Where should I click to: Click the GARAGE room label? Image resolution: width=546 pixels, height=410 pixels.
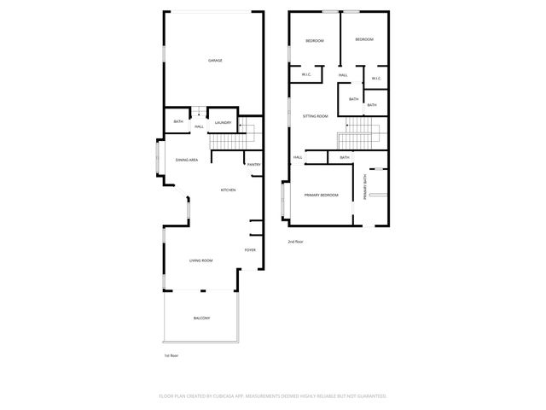[215, 60]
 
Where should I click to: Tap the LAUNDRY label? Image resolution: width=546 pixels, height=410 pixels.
[224, 123]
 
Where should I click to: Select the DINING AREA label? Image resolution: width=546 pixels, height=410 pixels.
[187, 160]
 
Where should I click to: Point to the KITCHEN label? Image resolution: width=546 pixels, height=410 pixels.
[228, 190]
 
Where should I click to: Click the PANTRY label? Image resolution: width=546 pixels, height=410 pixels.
[253, 164]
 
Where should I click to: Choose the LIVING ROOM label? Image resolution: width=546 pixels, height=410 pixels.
[200, 261]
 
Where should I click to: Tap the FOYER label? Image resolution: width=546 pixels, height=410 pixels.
[250, 249]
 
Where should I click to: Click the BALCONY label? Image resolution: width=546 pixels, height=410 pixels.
[200, 319]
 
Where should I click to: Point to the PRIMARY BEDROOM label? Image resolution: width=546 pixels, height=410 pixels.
[322, 196]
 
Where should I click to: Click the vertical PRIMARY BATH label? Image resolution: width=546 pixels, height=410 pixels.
[364, 187]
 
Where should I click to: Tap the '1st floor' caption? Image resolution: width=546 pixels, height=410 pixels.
[171, 355]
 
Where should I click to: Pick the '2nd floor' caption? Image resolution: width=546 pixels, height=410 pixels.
[296, 242]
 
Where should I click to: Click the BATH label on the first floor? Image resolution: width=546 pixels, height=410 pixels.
[178, 121]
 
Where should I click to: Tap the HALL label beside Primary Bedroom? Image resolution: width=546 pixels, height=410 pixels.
[298, 157]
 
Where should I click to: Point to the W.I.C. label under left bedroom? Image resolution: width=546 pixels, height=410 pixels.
[305, 75]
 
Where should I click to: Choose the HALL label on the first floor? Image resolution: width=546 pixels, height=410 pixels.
[199, 127]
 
